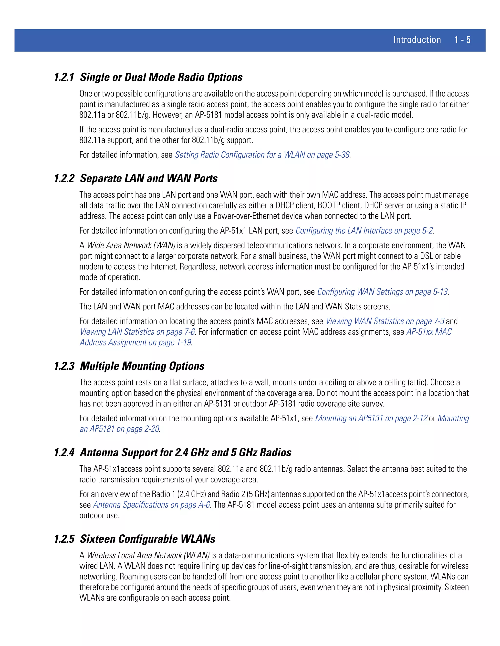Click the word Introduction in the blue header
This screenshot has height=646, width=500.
(417, 40)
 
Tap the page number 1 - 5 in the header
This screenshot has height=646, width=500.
(462, 40)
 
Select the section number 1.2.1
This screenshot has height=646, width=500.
(64, 77)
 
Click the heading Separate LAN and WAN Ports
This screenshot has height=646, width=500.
(149, 178)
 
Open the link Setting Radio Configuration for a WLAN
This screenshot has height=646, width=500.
(262, 155)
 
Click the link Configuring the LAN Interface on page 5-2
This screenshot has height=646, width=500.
(364, 231)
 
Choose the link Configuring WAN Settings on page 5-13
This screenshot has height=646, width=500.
(382, 292)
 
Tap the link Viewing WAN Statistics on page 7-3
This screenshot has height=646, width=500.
(385, 321)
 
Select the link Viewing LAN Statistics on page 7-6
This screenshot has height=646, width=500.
(137, 332)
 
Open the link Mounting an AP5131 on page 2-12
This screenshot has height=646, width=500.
(371, 418)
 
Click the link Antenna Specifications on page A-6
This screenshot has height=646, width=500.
(151, 505)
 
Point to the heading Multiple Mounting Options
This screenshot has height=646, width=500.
(142, 366)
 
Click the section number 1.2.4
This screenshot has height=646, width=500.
(64, 452)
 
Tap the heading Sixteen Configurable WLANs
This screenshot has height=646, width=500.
(147, 539)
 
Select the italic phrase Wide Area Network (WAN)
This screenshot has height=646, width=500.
(131, 245)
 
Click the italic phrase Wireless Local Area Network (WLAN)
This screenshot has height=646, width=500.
(148, 556)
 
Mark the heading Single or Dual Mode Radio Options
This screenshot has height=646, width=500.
(161, 77)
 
